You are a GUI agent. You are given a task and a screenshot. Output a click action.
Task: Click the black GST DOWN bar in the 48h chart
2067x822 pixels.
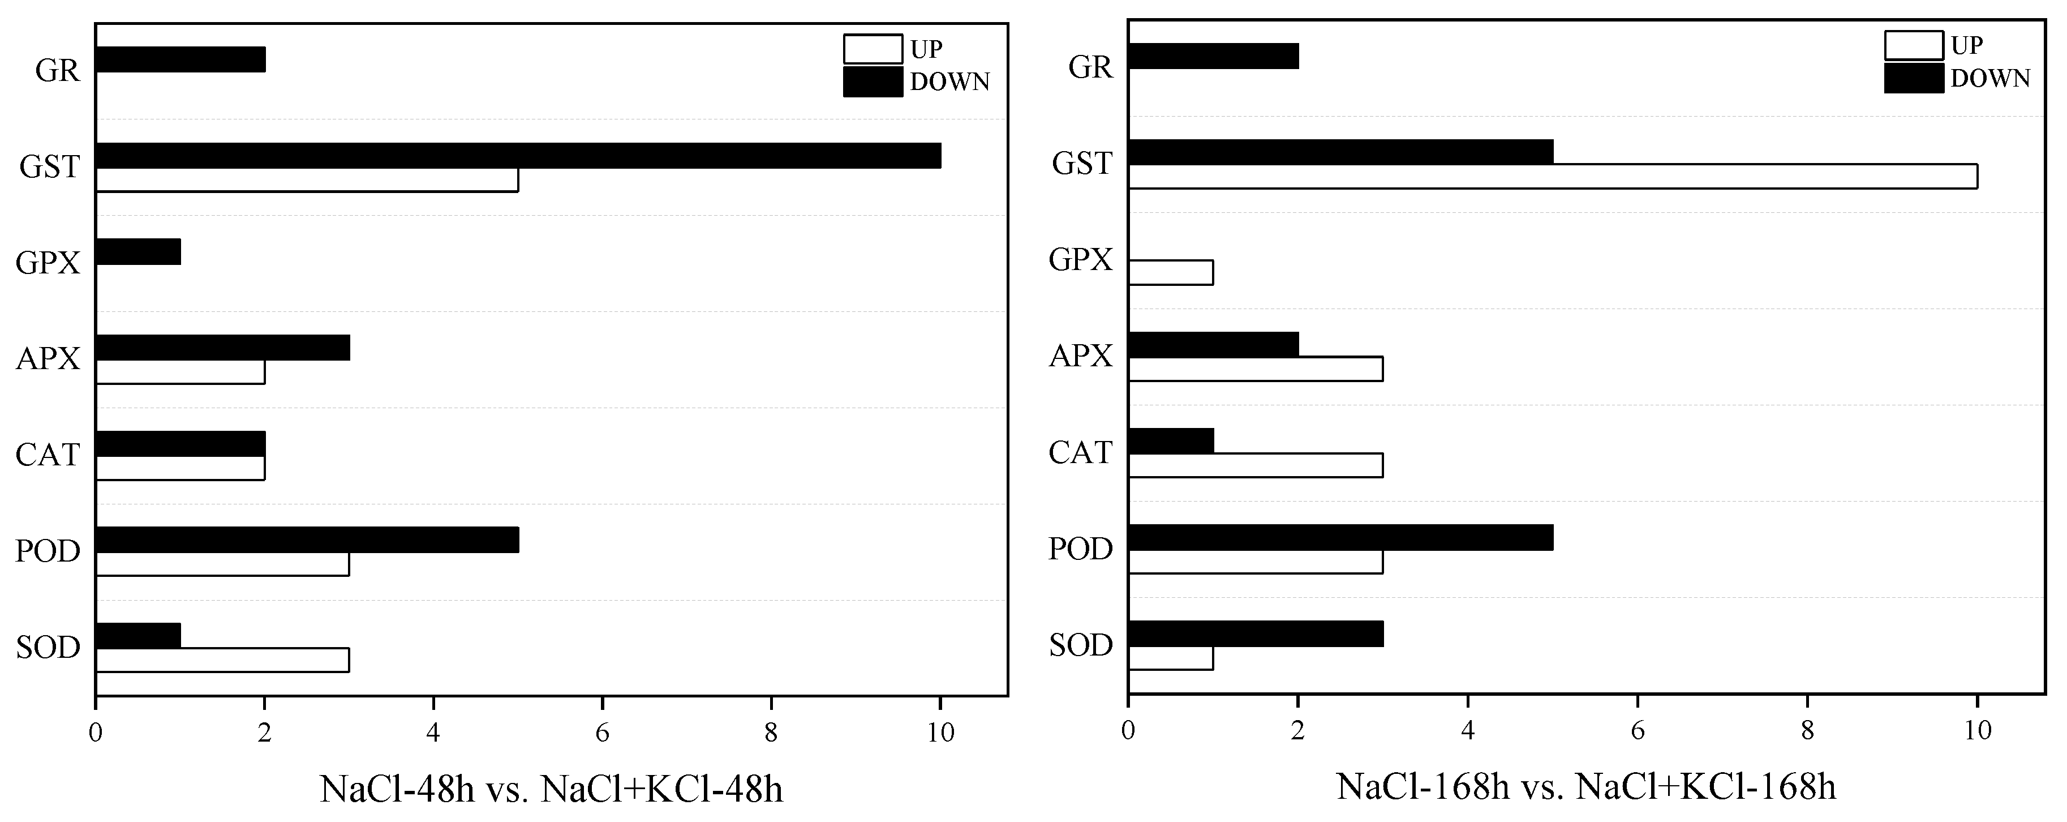point(518,156)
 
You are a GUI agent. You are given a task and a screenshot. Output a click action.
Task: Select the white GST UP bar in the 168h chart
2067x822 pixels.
point(1553,176)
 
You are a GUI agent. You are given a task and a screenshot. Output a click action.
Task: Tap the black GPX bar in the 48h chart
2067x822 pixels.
point(138,252)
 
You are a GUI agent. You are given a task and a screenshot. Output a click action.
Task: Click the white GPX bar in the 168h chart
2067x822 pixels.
point(1171,273)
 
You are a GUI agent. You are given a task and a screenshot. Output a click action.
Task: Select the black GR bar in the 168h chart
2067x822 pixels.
point(1213,56)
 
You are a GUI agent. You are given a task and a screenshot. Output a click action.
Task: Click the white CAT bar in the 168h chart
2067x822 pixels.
point(1256,465)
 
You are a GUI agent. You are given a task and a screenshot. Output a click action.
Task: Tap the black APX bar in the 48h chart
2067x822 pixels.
point(222,348)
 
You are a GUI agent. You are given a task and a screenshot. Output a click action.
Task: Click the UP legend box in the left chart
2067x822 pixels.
point(872,49)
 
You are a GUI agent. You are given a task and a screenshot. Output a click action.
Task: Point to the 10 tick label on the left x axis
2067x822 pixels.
point(940,733)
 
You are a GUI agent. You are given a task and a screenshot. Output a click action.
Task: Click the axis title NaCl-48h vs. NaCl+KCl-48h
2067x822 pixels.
point(551,789)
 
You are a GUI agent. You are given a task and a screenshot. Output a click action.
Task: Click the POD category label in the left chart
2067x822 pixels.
point(48,551)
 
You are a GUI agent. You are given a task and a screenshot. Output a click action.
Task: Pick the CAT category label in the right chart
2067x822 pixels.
point(1080,453)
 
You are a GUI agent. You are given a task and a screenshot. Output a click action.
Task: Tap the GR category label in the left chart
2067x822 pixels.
point(58,71)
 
